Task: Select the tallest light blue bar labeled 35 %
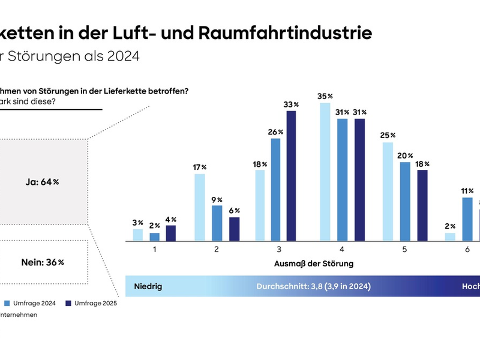[x=325, y=172]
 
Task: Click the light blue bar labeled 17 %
[x=199, y=207]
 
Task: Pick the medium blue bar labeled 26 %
[x=275, y=190]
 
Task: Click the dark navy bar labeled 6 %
[x=234, y=229]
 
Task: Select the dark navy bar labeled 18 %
[x=423, y=205]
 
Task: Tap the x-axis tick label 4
[x=341, y=250]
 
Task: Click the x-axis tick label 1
[x=154, y=250]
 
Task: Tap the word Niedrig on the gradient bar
[x=148, y=286]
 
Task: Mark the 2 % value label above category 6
[x=450, y=226]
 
